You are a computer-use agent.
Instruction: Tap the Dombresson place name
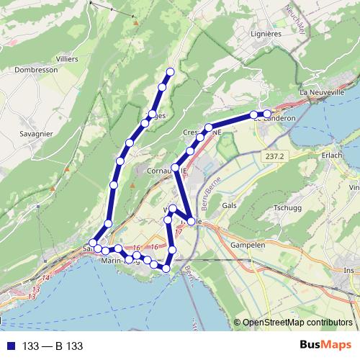pos(35,71)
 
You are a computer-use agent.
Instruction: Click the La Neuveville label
pos(324,92)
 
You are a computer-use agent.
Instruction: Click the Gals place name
pos(230,205)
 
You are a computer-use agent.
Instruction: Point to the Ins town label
pos(349,270)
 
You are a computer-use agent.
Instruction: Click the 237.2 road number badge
pos(275,156)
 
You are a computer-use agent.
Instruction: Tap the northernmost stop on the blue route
pos(171,71)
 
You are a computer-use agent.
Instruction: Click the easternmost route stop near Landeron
pos(267,114)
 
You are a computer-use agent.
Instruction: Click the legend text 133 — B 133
pos(53,346)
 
